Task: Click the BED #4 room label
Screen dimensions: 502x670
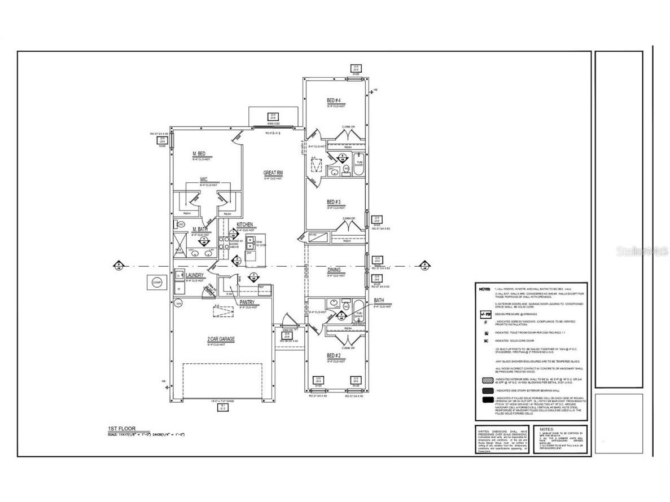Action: coord(334,101)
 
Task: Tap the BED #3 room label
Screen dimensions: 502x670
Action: coord(334,202)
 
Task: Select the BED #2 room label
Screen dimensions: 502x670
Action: coord(334,355)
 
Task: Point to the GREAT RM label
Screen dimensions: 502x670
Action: coord(273,173)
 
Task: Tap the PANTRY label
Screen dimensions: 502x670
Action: coord(247,302)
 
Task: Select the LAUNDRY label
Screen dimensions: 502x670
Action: coord(195,275)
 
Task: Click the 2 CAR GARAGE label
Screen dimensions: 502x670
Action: coord(221,339)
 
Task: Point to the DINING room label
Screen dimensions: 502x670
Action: coord(334,270)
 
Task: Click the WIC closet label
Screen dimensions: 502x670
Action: coord(203,180)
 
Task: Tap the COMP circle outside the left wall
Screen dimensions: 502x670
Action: coord(157,283)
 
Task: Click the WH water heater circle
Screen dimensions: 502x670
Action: coord(178,303)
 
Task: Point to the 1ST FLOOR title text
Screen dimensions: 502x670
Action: coord(121,429)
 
